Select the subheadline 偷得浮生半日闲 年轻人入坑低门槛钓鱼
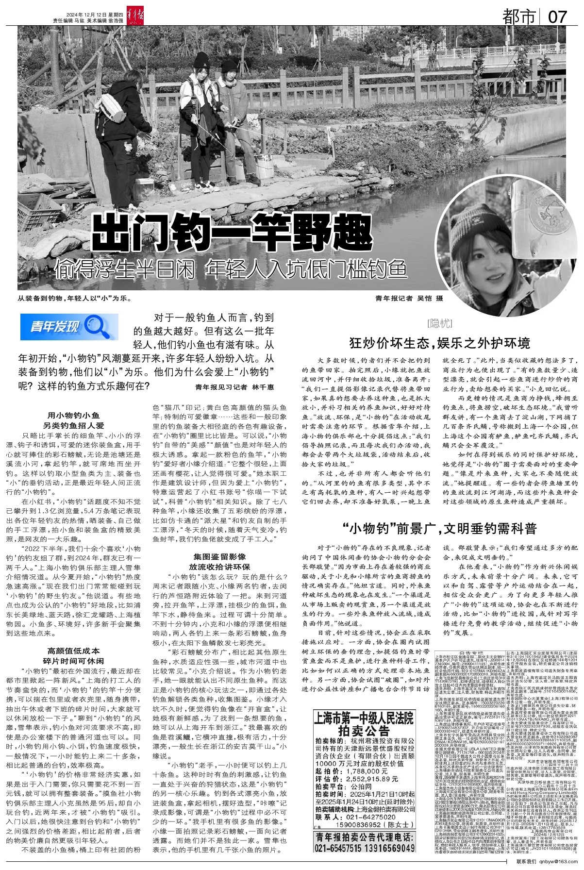click(230, 268)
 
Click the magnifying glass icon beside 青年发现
click(100, 326)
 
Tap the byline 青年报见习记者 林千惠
click(234, 387)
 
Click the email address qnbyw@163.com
click(553, 861)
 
